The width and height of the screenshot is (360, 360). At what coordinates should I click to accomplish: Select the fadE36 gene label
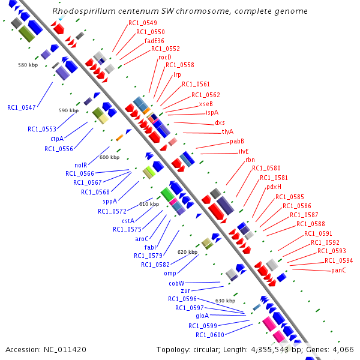[154, 40]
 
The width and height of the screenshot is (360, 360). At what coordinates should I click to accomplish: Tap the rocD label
[165, 57]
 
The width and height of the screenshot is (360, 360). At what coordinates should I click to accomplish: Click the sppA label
[110, 202]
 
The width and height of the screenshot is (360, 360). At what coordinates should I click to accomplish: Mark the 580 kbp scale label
[28, 64]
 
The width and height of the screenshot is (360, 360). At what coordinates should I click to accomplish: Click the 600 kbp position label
[109, 157]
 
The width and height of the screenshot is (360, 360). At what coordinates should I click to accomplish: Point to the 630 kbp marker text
[225, 301]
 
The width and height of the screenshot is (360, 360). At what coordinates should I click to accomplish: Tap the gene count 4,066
[343, 349]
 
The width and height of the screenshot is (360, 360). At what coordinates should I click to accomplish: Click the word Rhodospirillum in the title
[79, 11]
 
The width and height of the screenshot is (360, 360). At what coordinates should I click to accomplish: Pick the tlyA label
[227, 131]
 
